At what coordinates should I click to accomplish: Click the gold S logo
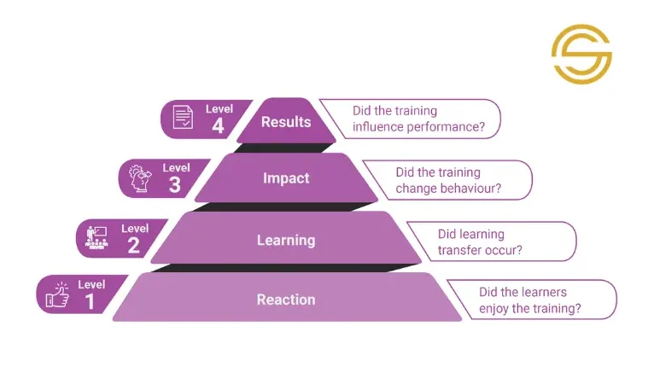pyautogui.click(x=581, y=55)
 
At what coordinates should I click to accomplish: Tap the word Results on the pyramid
pyautogui.click(x=286, y=122)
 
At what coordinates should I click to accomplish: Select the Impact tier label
pyautogui.click(x=286, y=178)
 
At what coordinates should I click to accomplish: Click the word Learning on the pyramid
pyautogui.click(x=286, y=240)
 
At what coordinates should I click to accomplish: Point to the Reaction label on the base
pyautogui.click(x=286, y=300)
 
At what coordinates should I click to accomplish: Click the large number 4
pyautogui.click(x=218, y=125)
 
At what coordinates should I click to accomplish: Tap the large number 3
pyautogui.click(x=175, y=184)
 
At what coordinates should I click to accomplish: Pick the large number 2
pyautogui.click(x=133, y=245)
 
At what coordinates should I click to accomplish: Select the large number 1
pyautogui.click(x=90, y=301)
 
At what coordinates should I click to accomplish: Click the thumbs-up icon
pyautogui.click(x=57, y=294)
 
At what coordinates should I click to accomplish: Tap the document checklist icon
pyautogui.click(x=183, y=117)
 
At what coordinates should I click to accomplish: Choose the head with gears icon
pyautogui.click(x=140, y=178)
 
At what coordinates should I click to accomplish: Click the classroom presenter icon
pyautogui.click(x=96, y=238)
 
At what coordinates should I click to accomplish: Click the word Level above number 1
pyautogui.click(x=91, y=285)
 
